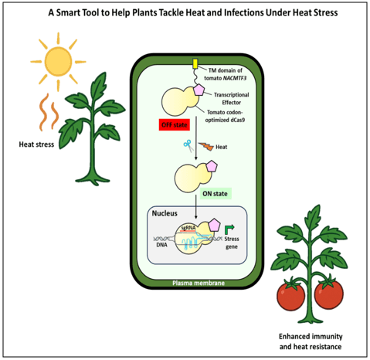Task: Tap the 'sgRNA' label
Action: click(186, 229)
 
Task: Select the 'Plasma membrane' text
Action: click(198, 284)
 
